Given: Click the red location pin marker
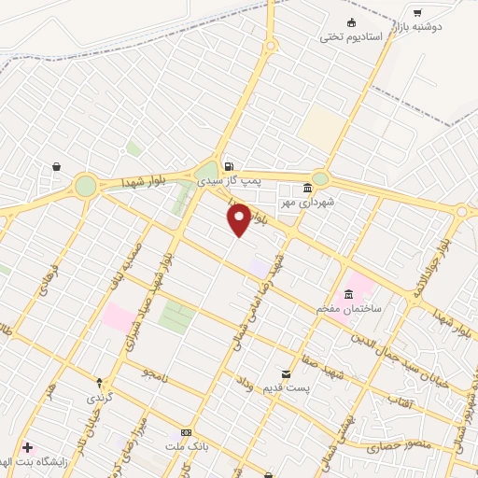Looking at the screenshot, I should coord(239,219).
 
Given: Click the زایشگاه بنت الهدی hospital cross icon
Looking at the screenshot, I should coord(26,448).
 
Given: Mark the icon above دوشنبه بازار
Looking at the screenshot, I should coord(417,13).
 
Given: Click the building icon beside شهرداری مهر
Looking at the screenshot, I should coord(307,186).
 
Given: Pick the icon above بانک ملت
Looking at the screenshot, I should coord(186,432).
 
